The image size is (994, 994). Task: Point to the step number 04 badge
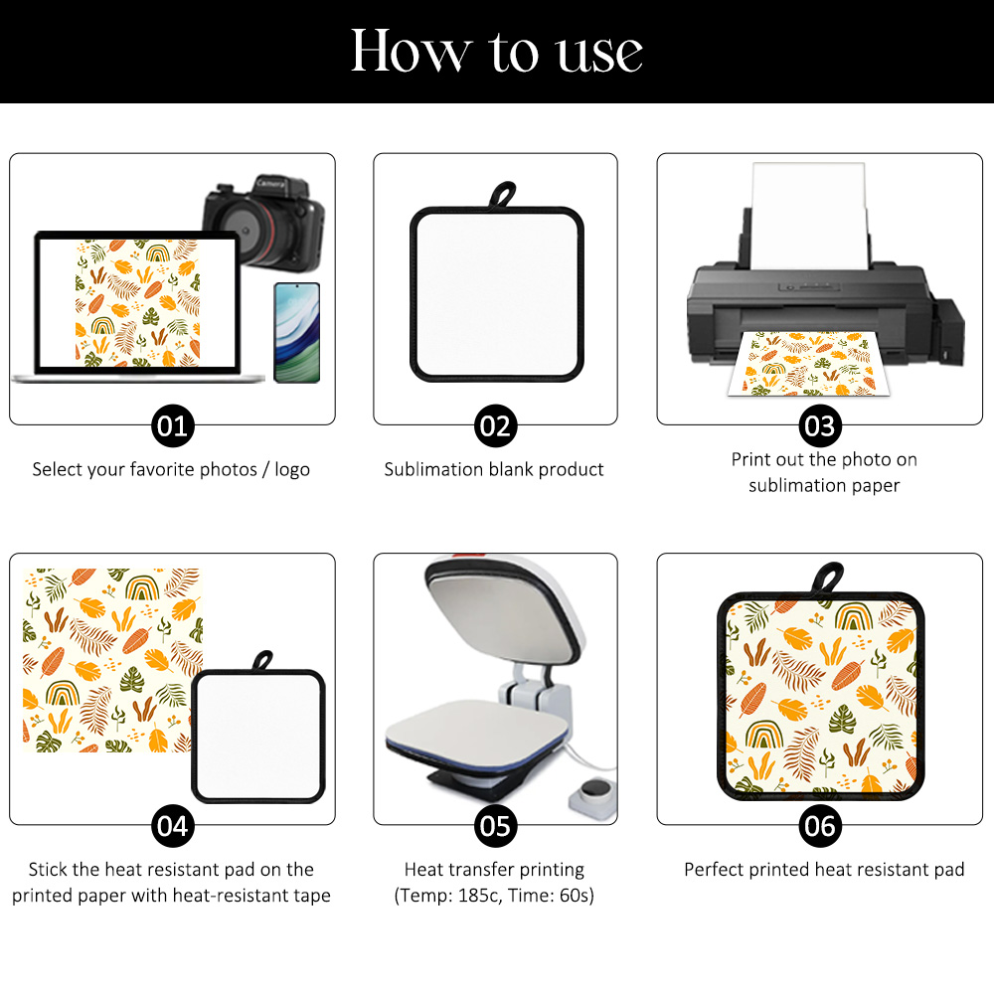coord(172,825)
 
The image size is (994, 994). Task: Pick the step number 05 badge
coord(494,825)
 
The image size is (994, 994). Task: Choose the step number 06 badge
coord(820,825)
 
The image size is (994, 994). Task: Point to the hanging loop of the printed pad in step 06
coord(828,578)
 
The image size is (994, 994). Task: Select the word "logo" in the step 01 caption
coord(288,469)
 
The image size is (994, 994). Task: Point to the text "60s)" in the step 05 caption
coord(575,896)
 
